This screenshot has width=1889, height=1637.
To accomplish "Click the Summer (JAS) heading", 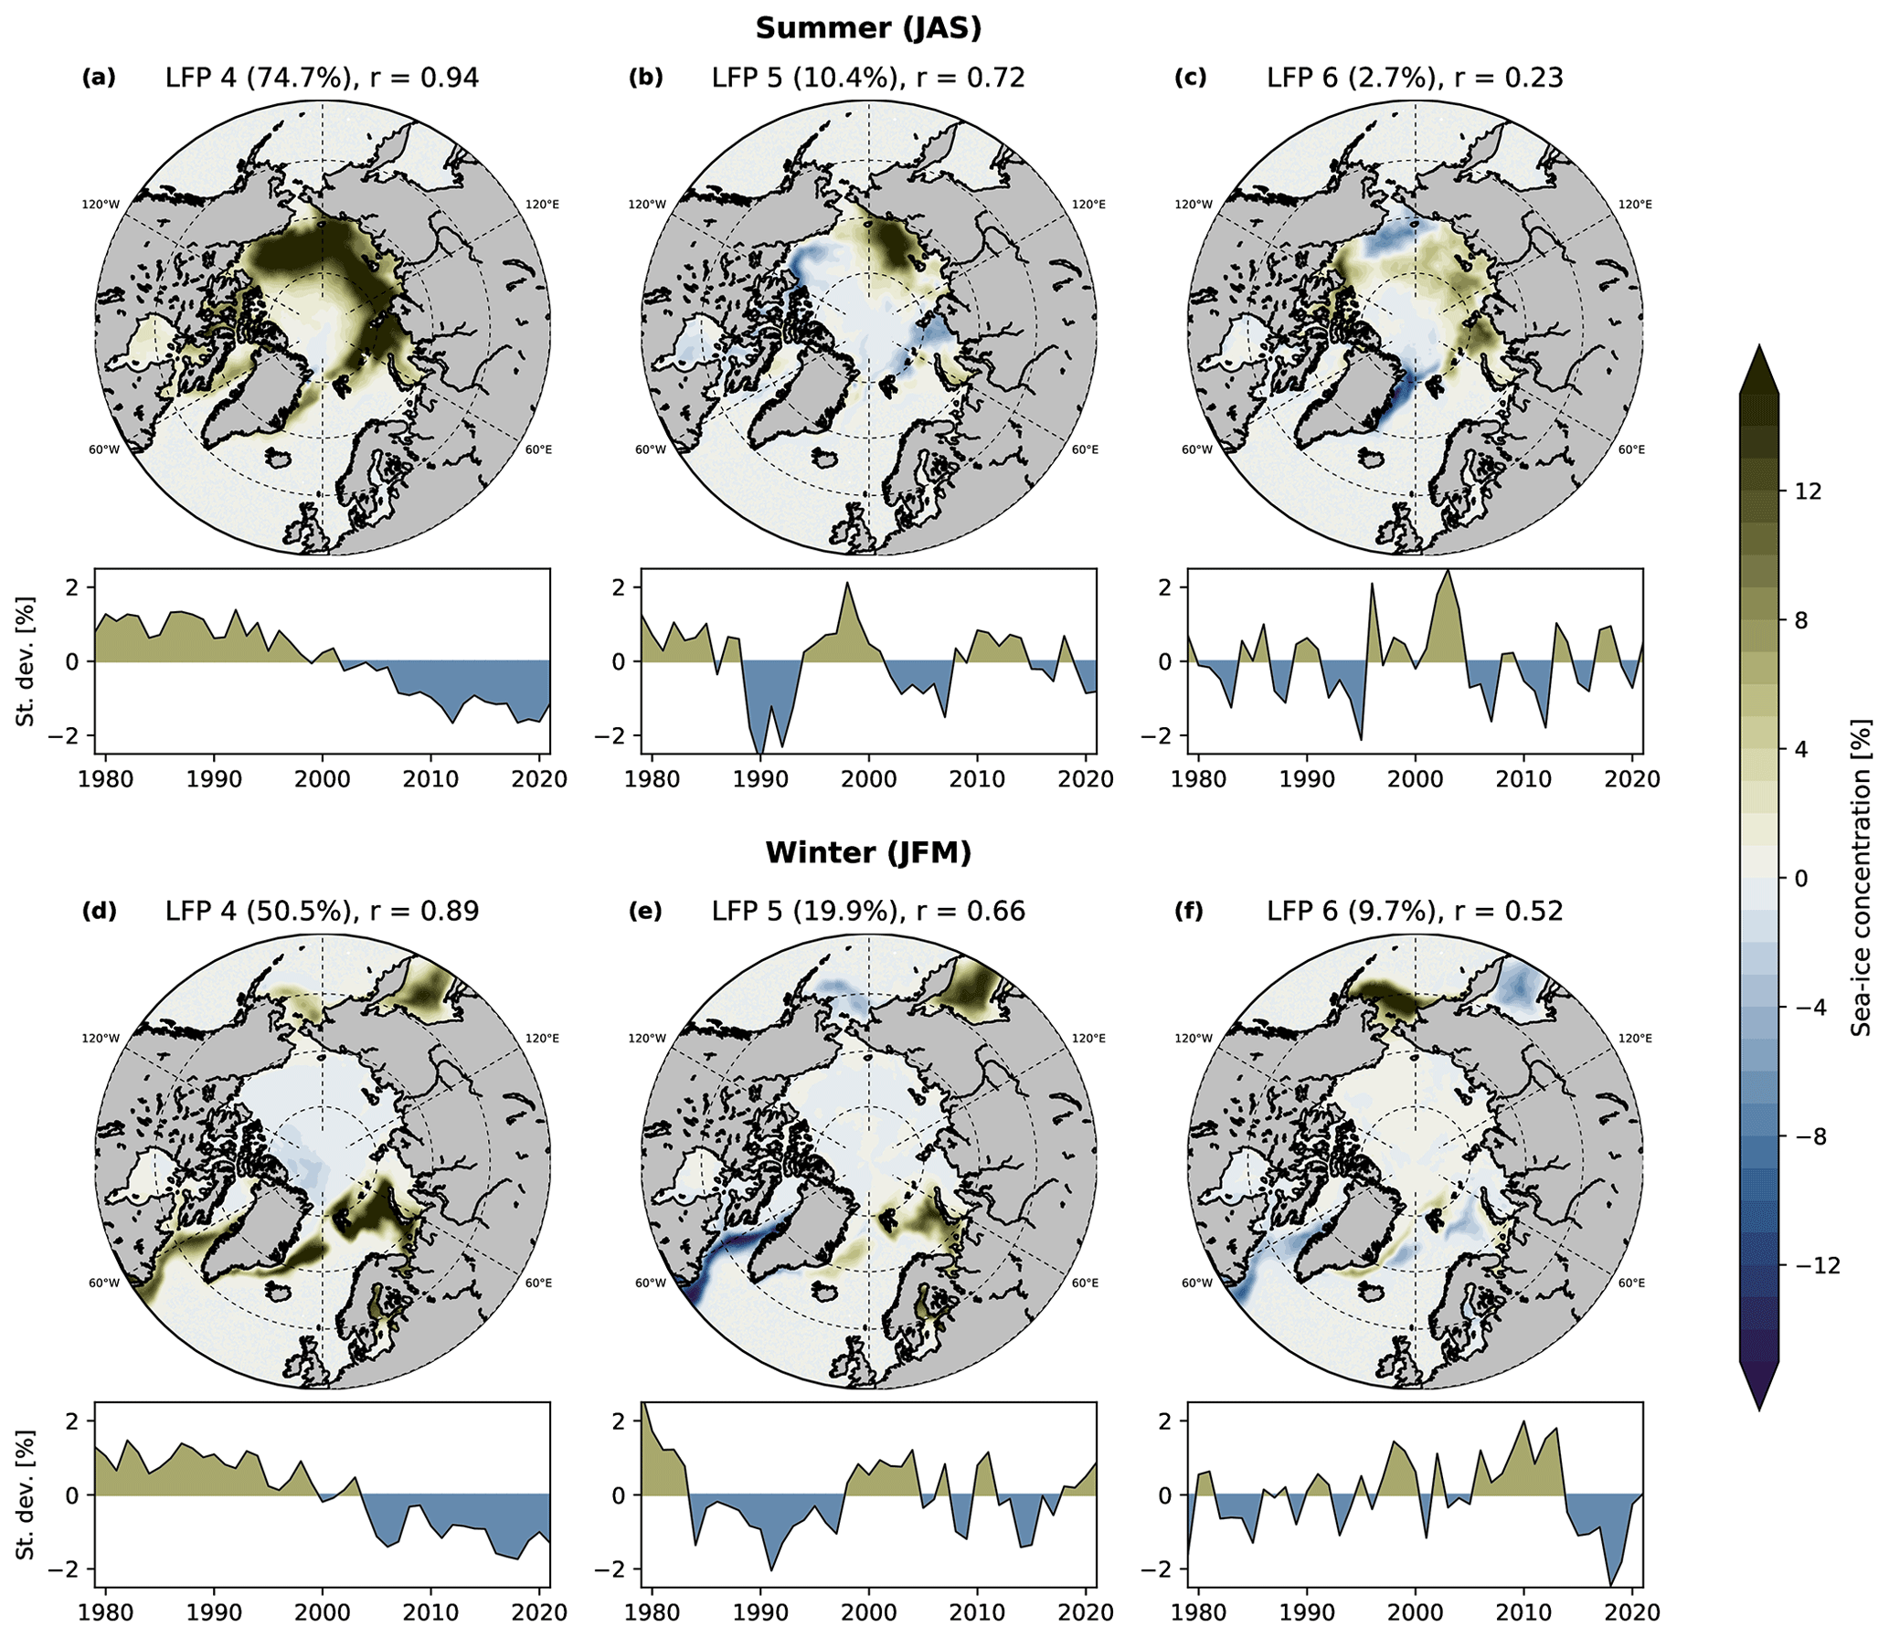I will (x=868, y=28).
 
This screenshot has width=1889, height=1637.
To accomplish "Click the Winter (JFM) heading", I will (x=868, y=852).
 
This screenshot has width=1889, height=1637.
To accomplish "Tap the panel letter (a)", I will (x=99, y=78).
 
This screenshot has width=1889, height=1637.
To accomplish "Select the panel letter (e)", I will (x=645, y=911).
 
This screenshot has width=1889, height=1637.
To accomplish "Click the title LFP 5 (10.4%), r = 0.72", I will (x=868, y=78).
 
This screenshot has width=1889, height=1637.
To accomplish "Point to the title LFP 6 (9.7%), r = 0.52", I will (x=1415, y=911).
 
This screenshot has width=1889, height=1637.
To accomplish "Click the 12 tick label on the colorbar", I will (x=1808, y=491).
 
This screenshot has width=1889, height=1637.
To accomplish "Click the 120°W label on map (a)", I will (x=101, y=205).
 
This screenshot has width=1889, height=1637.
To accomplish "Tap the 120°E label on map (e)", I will (x=1088, y=1038).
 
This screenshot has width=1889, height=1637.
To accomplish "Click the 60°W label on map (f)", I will (x=1197, y=1283).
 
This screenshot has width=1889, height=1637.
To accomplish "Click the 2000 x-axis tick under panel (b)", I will (x=868, y=779).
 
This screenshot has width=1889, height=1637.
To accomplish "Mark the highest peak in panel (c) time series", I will (x=1447, y=571).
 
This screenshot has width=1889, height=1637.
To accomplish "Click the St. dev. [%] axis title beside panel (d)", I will (x=26, y=1494).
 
